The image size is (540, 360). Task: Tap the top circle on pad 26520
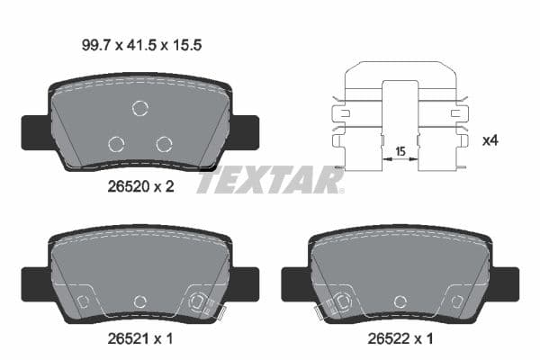click(139, 109)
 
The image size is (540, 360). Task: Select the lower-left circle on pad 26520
click(115, 144)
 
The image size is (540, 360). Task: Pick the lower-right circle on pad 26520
click(163, 144)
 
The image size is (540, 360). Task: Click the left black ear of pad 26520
click(34, 132)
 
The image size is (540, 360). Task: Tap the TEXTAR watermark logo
click(269, 180)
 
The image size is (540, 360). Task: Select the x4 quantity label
click(491, 140)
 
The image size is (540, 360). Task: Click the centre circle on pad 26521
click(139, 301)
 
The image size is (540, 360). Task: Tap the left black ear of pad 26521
click(34, 283)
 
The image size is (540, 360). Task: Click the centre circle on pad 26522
click(401, 301)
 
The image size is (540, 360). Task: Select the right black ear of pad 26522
click(505, 283)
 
